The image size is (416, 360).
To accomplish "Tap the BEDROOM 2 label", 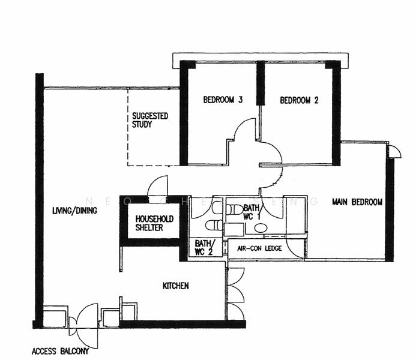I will click(x=299, y=100).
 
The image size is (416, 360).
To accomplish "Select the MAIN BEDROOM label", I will click(x=357, y=202).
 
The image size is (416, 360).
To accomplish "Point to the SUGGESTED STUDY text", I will click(x=149, y=120).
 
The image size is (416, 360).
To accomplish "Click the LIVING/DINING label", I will click(x=74, y=211).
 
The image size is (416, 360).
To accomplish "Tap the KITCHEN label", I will click(x=176, y=286).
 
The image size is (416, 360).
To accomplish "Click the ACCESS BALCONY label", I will click(x=60, y=351).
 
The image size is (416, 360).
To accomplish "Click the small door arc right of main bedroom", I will click(x=394, y=151).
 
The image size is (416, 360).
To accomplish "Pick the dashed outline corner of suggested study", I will click(x=128, y=164).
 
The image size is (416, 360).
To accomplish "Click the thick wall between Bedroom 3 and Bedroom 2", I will click(x=261, y=84).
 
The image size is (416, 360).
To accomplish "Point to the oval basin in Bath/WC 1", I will click(x=261, y=228).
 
